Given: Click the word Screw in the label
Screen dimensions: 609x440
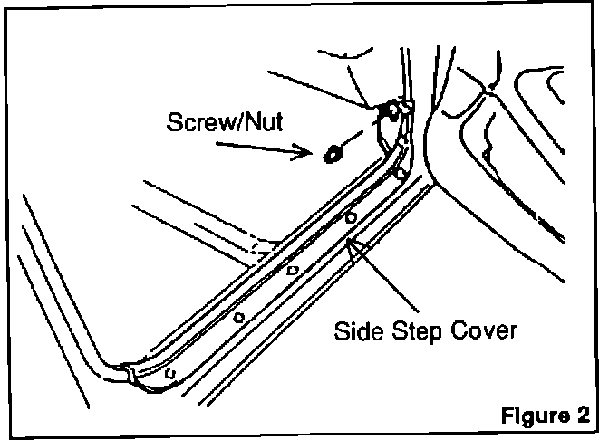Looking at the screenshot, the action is [194, 122].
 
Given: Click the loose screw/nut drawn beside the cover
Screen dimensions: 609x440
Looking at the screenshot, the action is [331, 152].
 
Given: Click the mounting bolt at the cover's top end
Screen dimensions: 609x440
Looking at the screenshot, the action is [391, 111].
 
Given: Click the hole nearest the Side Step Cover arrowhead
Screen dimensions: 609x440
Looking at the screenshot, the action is [350, 218].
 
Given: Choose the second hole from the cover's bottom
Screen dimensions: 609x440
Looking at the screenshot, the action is [237, 316].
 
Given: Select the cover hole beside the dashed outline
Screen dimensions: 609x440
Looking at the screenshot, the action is [292, 270].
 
